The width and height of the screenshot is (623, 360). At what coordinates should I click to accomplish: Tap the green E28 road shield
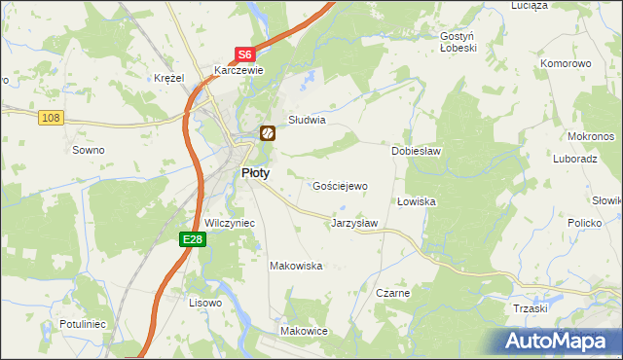[x=192, y=239]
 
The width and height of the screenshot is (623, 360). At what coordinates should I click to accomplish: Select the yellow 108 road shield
[x=52, y=118]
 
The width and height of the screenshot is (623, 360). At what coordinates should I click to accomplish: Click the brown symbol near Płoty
[x=266, y=133]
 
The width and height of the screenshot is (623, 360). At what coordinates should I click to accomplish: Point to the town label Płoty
[x=255, y=172]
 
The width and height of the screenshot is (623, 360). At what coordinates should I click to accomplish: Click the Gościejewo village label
[x=340, y=186]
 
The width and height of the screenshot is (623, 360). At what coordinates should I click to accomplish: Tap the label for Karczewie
[x=239, y=70]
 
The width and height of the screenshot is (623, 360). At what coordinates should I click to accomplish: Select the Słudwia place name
[x=306, y=121]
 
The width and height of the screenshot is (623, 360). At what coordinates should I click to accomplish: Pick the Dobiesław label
[x=417, y=152]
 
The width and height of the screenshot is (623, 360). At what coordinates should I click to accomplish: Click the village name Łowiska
[x=417, y=201]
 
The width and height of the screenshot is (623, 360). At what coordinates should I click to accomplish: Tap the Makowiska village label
[x=296, y=266]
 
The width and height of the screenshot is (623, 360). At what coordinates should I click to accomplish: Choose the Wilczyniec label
[x=230, y=223]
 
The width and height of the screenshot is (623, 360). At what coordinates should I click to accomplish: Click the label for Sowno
[x=89, y=150]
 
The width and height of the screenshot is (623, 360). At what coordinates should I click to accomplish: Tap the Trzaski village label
[x=531, y=307]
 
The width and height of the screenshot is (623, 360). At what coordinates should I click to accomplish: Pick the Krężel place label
[x=169, y=78]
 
